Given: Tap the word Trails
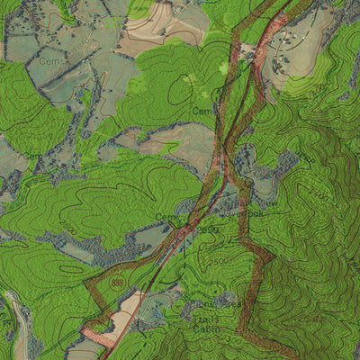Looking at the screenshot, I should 206,317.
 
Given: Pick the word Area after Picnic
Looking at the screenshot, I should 231,306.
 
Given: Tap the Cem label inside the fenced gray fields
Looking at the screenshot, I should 49,59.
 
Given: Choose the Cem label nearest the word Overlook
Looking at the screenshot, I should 166,217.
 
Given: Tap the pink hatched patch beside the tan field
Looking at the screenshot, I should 99,337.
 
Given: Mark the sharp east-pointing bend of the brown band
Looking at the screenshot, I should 271,258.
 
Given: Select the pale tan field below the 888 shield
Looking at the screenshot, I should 126,310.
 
